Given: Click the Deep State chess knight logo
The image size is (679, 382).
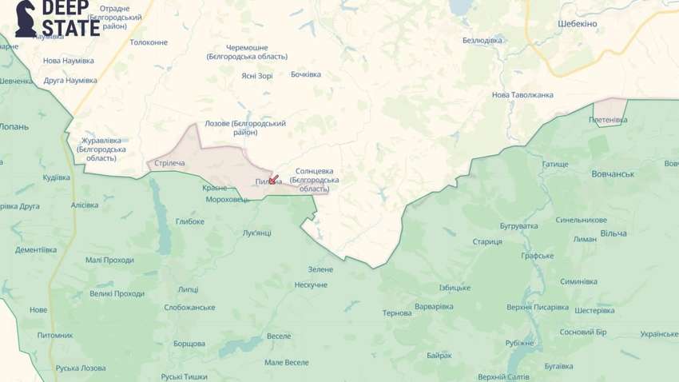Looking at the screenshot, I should [27, 19].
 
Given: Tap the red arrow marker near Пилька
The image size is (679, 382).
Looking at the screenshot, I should [273, 179].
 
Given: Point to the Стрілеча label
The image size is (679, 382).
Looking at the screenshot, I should [169, 163].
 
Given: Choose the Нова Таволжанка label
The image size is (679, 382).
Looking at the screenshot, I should [522, 94].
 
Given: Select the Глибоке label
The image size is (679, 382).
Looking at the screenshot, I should [190, 221].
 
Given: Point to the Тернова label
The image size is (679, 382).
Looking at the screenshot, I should [396, 312].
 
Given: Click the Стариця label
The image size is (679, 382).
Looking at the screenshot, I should [486, 241].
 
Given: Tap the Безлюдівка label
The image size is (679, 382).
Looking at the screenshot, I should [482, 40].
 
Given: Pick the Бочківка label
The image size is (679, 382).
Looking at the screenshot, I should [305, 74].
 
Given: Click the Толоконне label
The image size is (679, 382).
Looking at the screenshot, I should [149, 42].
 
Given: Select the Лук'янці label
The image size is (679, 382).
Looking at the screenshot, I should [256, 233].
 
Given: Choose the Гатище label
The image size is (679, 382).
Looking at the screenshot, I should [555, 165].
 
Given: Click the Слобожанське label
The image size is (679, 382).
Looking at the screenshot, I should [189, 308].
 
